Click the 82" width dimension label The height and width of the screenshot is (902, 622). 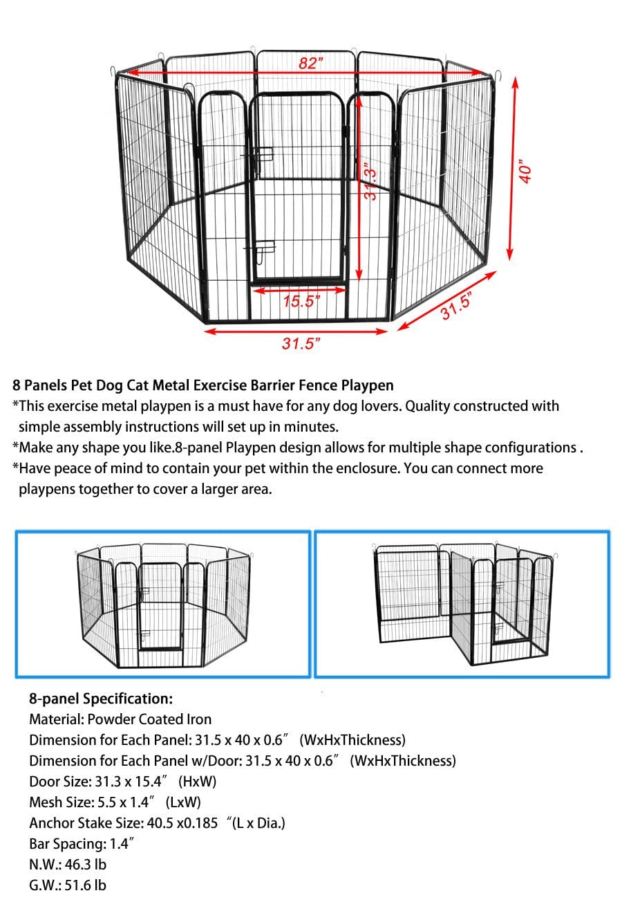[311, 63]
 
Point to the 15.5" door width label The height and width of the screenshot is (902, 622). [302, 302]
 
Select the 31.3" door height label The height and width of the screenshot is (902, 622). [372, 184]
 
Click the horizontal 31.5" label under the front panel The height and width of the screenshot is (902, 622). [299, 344]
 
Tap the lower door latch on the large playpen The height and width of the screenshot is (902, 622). [263, 247]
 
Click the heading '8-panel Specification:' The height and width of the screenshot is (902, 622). [101, 698]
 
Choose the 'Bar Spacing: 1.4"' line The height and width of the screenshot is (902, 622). [82, 844]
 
